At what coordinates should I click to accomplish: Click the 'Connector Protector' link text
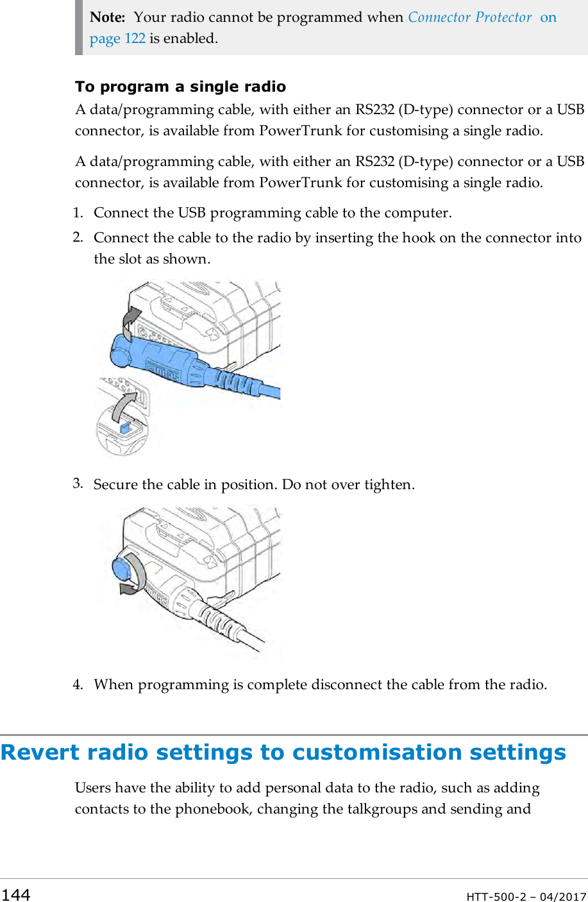469,17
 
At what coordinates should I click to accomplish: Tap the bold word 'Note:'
107,17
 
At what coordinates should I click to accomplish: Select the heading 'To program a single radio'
180,87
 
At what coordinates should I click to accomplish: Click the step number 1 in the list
78,213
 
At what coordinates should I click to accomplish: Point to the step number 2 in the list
78,237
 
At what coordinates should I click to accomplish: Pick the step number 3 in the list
78,483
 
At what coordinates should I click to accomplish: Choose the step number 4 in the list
78,684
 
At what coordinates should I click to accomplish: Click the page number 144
15,894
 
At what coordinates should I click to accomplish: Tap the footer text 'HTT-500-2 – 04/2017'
526,896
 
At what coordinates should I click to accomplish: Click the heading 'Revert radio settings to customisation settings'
283,752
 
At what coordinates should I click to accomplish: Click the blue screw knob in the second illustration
122,569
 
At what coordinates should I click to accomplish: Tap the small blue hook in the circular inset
126,427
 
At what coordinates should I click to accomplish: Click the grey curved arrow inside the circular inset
124,408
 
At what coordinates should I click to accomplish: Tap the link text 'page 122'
117,38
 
